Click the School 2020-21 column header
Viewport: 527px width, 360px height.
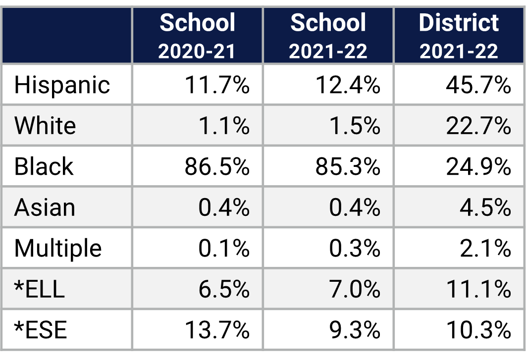point(197,36)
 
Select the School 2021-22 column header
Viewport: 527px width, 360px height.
point(328,36)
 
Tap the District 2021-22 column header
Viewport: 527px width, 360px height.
point(459,36)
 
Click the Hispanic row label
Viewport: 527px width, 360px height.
point(62,85)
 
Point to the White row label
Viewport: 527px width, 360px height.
point(45,125)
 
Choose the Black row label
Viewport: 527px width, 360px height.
point(44,166)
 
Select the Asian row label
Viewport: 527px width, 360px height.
point(45,207)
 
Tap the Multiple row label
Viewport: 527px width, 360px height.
point(58,248)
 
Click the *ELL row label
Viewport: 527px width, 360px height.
point(40,289)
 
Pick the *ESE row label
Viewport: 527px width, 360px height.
point(40,330)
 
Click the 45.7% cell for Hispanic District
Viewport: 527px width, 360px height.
point(478,85)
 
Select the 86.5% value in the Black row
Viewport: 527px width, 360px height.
point(217,167)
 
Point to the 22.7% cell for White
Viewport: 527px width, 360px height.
point(478,126)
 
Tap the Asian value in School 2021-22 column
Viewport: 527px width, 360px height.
point(355,207)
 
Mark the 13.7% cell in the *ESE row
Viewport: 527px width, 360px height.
point(217,330)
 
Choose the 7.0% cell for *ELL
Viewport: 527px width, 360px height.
point(355,289)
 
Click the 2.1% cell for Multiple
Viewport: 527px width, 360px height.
point(485,249)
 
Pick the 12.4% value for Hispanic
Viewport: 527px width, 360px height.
point(348,85)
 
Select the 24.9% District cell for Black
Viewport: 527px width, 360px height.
point(478,167)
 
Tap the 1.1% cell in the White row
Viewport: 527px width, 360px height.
point(224,126)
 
